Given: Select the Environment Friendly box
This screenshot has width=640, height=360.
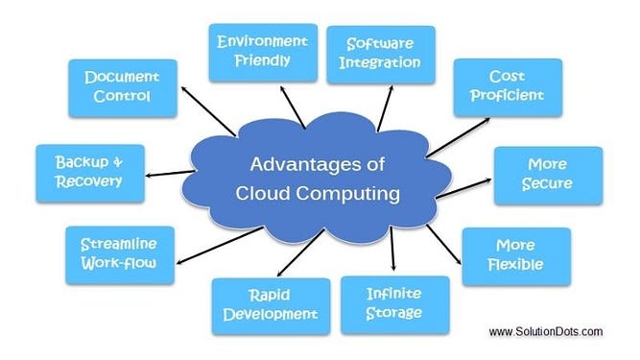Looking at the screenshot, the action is click(x=262, y=52).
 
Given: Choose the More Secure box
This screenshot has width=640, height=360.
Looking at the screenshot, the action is click(x=549, y=174).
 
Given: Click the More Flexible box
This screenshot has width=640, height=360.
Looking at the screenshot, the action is click(x=515, y=254).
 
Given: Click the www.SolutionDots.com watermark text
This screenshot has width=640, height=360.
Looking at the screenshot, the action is click(x=545, y=332).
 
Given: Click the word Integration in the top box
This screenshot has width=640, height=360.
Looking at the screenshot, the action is click(x=381, y=63).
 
